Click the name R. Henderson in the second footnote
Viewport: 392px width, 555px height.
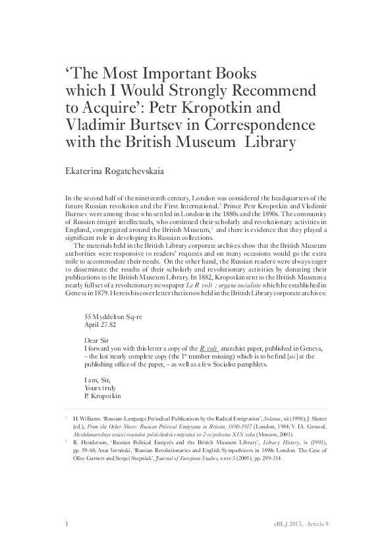pyautogui.click(x=88, y=444)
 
